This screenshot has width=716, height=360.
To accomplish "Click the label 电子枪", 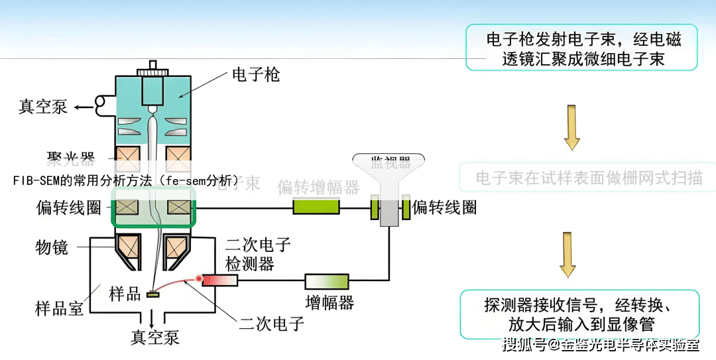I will pyautogui.click(x=256, y=74).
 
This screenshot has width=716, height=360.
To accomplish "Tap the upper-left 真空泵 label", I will pyautogui.click(x=42, y=107).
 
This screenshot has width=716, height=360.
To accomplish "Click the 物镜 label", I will pyautogui.click(x=52, y=247).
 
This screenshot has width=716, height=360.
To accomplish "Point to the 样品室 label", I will pyautogui.click(x=59, y=307).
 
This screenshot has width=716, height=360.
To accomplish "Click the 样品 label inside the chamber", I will pyautogui.click(x=125, y=294).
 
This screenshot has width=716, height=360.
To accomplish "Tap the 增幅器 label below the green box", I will pyautogui.click(x=329, y=303).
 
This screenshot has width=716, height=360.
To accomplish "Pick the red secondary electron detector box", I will pyautogui.click(x=219, y=280).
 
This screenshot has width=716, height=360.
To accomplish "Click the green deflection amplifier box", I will pyautogui.click(x=316, y=208).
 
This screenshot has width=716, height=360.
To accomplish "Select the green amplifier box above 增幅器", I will pyautogui.click(x=326, y=281).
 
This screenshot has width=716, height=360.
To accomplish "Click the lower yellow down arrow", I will pyautogui.click(x=568, y=255).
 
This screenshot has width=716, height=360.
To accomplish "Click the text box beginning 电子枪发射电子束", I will pyautogui.click(x=581, y=48).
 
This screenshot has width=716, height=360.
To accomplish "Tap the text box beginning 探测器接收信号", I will pyautogui.click(x=579, y=315).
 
